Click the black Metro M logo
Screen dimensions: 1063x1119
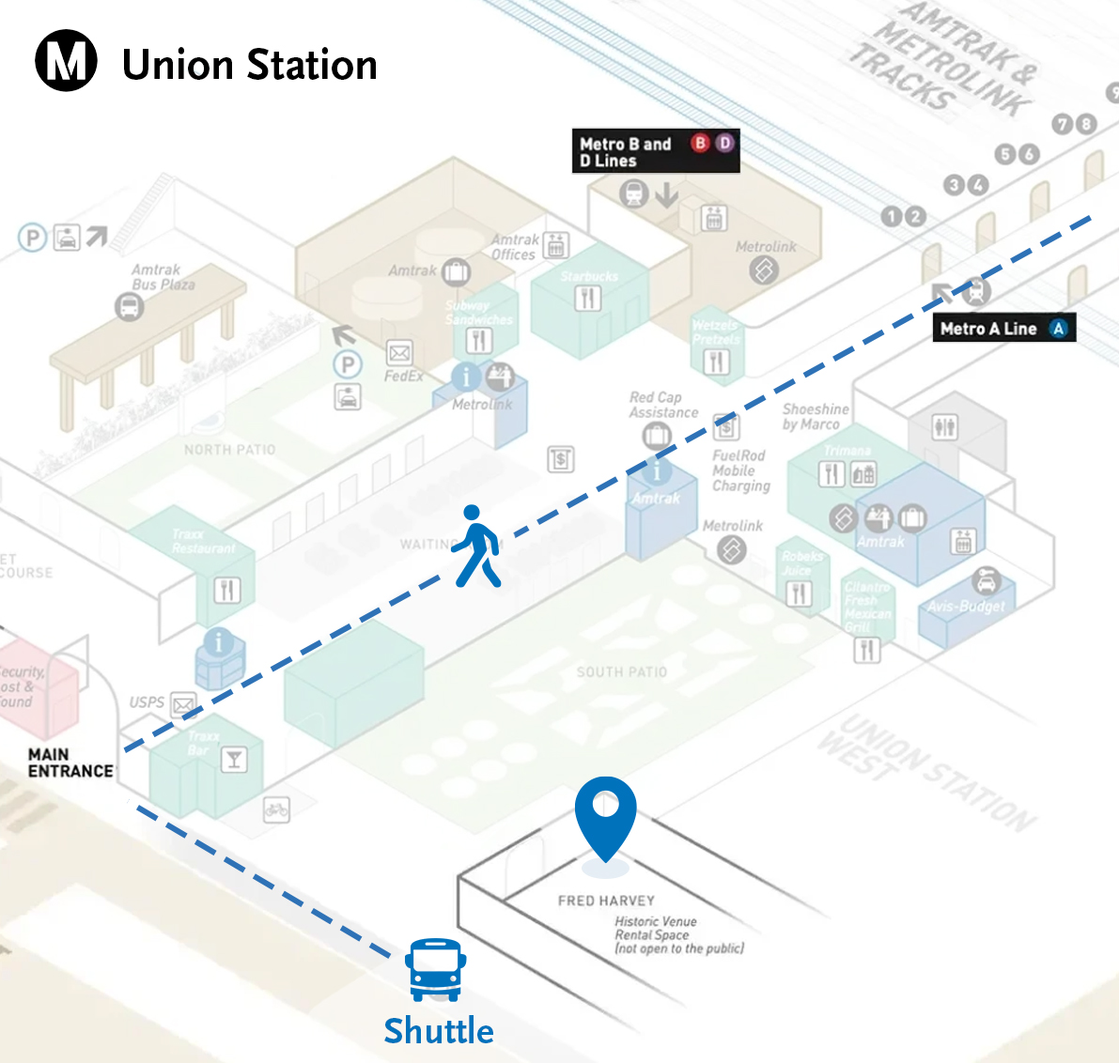(x=66, y=60)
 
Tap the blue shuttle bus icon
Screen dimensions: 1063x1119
(x=435, y=969)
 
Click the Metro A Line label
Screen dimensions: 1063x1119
(x=1003, y=329)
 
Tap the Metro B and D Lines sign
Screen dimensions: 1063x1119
(x=656, y=151)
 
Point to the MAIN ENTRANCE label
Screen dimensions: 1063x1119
(x=70, y=763)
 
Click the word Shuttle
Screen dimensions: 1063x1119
(x=439, y=1031)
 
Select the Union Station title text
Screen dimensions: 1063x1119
(x=250, y=65)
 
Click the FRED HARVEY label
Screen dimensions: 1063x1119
(x=606, y=901)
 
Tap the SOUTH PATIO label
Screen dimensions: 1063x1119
(x=622, y=672)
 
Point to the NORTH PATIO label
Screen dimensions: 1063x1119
(x=230, y=450)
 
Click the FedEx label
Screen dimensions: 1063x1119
(x=403, y=376)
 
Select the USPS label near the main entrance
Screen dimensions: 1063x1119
(x=147, y=702)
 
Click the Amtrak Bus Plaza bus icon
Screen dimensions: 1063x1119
(x=130, y=306)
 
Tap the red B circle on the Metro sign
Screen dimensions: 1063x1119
(x=700, y=143)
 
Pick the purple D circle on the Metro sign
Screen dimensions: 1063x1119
(x=724, y=143)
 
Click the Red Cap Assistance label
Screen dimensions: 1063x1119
(x=663, y=405)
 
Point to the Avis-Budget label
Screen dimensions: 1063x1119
(x=966, y=607)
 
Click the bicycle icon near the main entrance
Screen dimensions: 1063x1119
(x=276, y=809)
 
